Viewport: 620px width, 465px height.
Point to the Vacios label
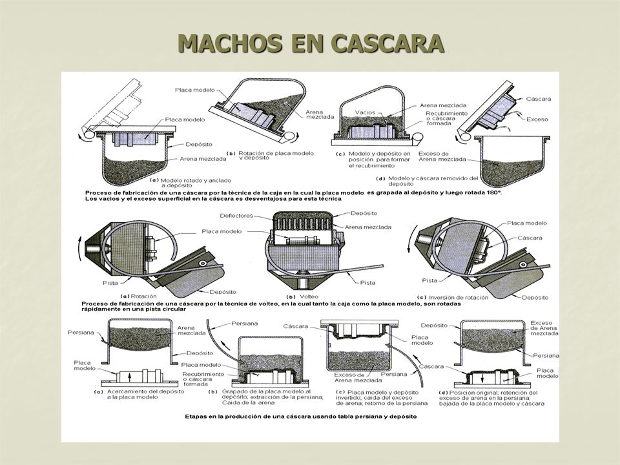tap(365, 112)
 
